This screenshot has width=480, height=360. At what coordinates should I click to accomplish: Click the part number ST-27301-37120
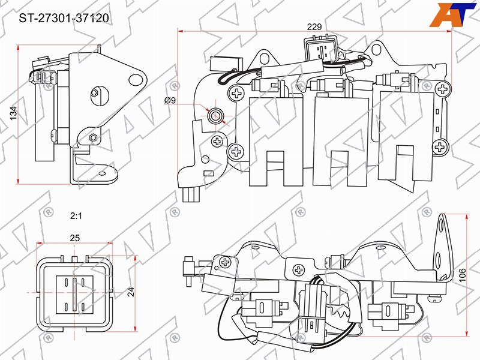(x=64, y=19)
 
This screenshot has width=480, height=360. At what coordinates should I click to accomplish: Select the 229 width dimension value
(x=314, y=27)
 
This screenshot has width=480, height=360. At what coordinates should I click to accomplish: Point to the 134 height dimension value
(x=13, y=113)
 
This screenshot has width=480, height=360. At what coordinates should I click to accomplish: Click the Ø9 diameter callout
(x=170, y=100)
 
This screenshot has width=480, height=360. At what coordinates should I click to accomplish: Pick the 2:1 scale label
(x=76, y=216)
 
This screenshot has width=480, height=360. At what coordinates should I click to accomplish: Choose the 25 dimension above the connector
(x=74, y=238)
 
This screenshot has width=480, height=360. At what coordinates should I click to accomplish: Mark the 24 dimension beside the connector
(x=131, y=292)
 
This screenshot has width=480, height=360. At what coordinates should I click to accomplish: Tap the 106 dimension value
(x=462, y=275)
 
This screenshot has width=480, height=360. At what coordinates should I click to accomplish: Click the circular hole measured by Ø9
(x=215, y=116)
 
